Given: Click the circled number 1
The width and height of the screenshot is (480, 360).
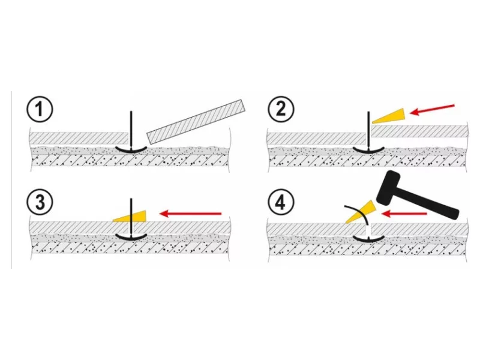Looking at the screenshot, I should pos(40,110).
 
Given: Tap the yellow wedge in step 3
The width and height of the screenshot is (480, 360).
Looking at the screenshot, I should pos(133,214).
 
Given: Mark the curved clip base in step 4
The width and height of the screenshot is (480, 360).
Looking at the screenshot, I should pos(370,239).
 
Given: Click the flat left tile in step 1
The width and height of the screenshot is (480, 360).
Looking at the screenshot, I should pos(78,137).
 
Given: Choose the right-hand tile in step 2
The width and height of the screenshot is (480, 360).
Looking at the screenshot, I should pos(420,131).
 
